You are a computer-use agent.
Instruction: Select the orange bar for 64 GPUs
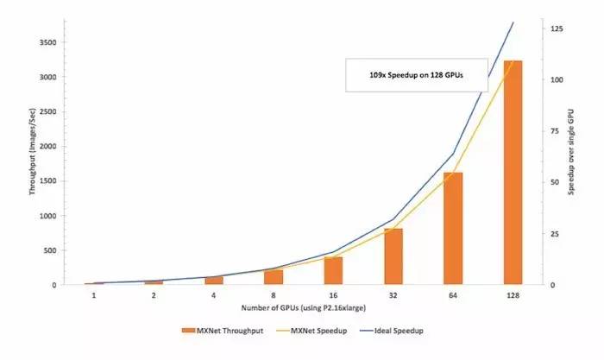pyautogui.click(x=453, y=229)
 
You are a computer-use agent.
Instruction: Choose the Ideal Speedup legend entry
pyautogui.click(x=393, y=331)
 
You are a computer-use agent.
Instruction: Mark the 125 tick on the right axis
pyautogui.click(x=557, y=29)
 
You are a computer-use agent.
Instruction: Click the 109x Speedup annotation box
pyautogui.click(x=417, y=75)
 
